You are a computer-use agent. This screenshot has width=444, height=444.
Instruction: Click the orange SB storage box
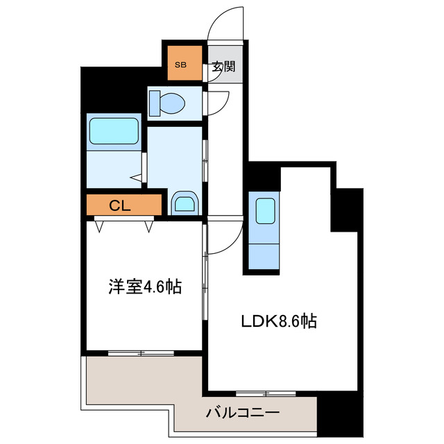pos(182,64)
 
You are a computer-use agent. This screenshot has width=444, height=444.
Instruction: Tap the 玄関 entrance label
pos(223,68)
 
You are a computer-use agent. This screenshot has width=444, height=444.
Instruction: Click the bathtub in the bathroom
pos(114,131)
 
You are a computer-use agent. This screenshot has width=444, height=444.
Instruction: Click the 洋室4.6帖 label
pos(144,286)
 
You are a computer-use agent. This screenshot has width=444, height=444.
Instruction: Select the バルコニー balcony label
pos(243,413)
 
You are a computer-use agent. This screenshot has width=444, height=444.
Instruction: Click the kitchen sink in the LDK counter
pos(264,210)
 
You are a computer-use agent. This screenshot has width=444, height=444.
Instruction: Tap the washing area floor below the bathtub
pos(112,170)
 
